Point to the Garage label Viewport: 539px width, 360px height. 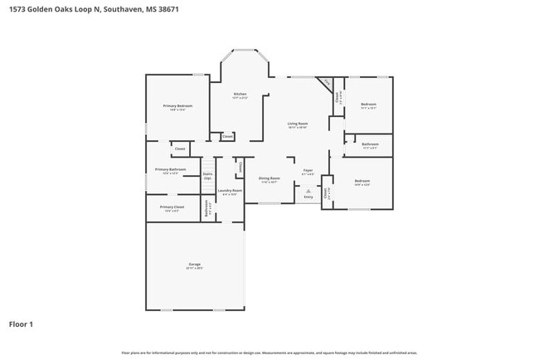[x=194, y=266]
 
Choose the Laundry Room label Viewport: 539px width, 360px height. [x=230, y=192]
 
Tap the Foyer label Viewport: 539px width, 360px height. [x=308, y=172]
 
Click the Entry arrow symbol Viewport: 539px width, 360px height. [x=308, y=191]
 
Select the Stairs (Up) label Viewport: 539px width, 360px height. [x=207, y=176]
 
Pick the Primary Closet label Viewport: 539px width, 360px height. [x=172, y=208]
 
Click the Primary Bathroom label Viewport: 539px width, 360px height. [x=170, y=171]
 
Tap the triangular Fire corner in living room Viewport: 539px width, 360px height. [x=327, y=82]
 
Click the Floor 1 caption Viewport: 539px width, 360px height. [x=21, y=324]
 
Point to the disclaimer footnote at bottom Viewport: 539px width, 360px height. [x=269, y=353]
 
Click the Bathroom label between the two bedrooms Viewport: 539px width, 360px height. [x=370, y=145]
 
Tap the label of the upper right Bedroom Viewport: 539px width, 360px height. [x=368, y=105]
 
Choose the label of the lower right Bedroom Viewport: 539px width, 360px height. [x=362, y=182]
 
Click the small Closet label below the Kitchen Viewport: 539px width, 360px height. [x=227, y=136]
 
